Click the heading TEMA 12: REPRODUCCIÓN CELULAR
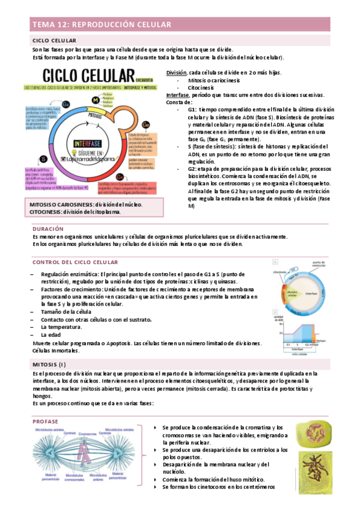pos(102,25)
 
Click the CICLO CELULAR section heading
pos(54,40)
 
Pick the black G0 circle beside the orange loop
pos(145,124)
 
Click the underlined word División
pos(175,72)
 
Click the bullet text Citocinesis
pos(203,87)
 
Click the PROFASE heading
pos(46,422)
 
